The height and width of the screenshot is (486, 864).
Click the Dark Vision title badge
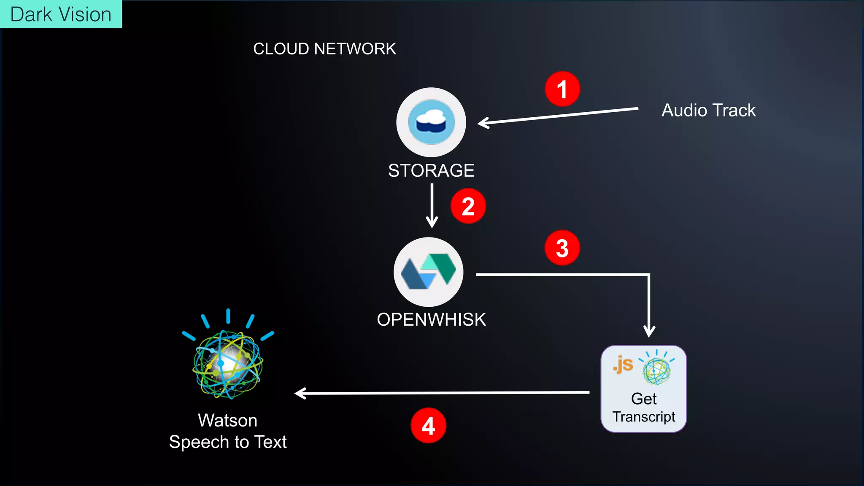pos(61,14)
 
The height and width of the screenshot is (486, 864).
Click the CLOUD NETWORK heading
pos(324,49)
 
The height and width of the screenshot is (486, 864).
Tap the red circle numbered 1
pos(562,89)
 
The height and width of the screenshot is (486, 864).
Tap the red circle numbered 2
pos(468,206)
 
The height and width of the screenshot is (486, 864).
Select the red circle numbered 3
pos(562,248)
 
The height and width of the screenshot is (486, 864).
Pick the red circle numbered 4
pos(428,425)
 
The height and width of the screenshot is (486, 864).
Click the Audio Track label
pos(708,111)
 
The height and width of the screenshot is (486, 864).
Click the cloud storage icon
pos(431,122)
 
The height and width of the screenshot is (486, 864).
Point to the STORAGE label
pos(431,170)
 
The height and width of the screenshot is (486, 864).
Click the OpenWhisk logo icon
pos(428,272)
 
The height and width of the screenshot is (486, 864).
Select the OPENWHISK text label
pos(431,319)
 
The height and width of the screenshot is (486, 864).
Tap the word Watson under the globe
pos(228,420)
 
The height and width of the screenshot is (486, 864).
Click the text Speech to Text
pos(228,442)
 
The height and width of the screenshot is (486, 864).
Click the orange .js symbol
pos(623,364)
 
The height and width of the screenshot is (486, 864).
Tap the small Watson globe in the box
pos(656,370)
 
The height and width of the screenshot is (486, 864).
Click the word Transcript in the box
pos(644,417)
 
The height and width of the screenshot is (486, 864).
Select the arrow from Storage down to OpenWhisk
pos(432,206)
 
